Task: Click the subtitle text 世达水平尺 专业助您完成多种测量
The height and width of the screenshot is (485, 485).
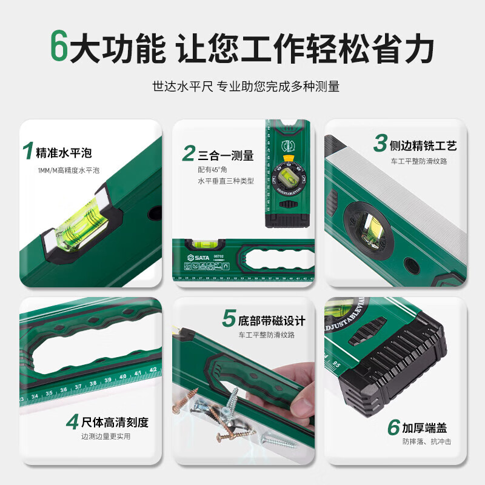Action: tap(246, 87)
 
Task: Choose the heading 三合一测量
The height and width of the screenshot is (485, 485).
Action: tap(226, 155)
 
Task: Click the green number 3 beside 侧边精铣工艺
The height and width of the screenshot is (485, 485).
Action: tap(380, 144)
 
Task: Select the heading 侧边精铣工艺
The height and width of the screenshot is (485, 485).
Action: tap(423, 145)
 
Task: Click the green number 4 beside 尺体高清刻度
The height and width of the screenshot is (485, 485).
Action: tap(73, 421)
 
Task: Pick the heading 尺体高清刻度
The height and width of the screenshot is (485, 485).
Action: tap(115, 422)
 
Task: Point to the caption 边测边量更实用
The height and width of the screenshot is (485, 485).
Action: tap(105, 436)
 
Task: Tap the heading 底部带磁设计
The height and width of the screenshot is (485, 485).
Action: tap(272, 321)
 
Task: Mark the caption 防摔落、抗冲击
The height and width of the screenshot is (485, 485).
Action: tap(427, 443)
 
